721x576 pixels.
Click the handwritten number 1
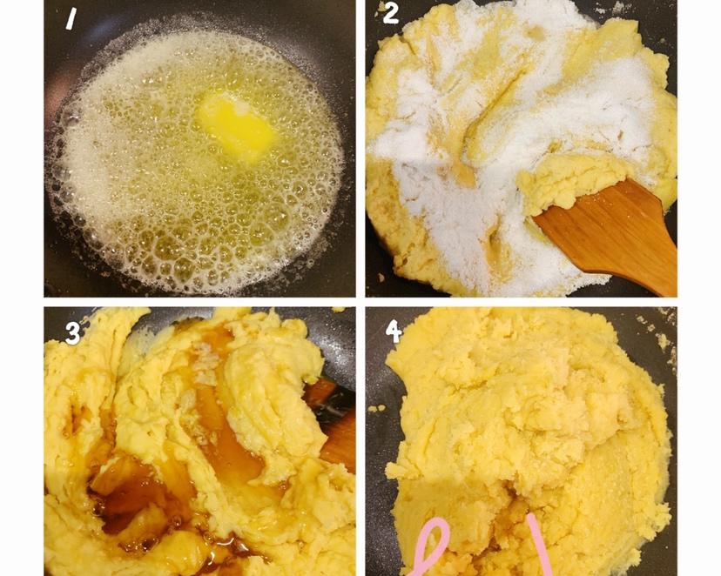[71, 19]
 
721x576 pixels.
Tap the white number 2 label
[390, 13]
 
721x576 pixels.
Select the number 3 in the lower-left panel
[72, 332]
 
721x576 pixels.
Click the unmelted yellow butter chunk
[236, 123]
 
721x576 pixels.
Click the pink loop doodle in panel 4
[431, 546]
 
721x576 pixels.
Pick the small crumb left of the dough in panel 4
[379, 408]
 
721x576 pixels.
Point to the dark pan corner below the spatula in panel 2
[644, 287]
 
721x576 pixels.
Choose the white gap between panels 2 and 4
[521, 302]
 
